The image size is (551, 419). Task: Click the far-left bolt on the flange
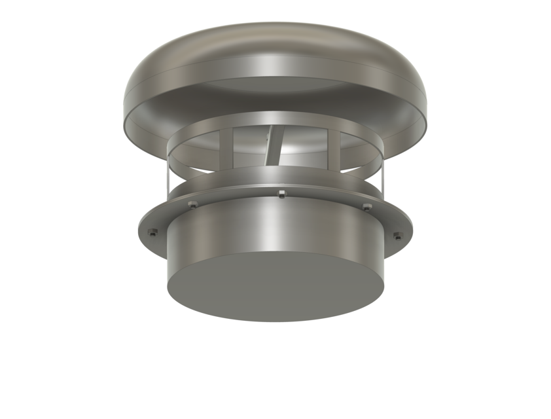click(x=152, y=232)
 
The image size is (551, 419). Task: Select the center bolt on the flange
click(x=281, y=193)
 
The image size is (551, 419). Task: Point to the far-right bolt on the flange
click(x=397, y=234)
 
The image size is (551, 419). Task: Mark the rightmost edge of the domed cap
click(x=428, y=108)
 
